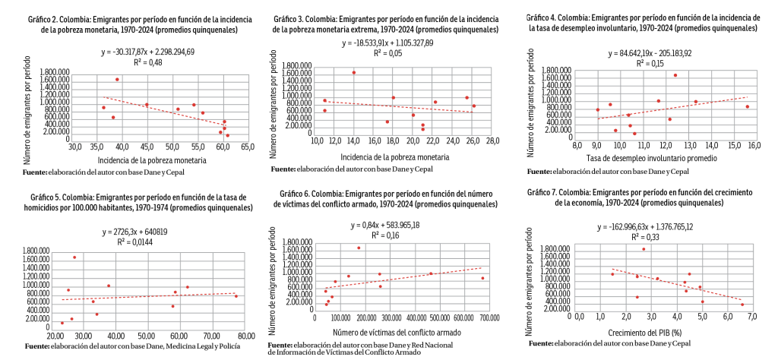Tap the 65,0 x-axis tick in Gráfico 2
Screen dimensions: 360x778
point(248,147)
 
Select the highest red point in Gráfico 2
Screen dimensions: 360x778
point(117,79)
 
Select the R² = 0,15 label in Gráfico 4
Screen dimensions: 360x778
point(646,64)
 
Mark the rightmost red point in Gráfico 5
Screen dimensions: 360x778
point(236,296)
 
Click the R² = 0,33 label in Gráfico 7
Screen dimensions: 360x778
point(647,236)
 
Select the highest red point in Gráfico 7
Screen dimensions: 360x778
point(644,249)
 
